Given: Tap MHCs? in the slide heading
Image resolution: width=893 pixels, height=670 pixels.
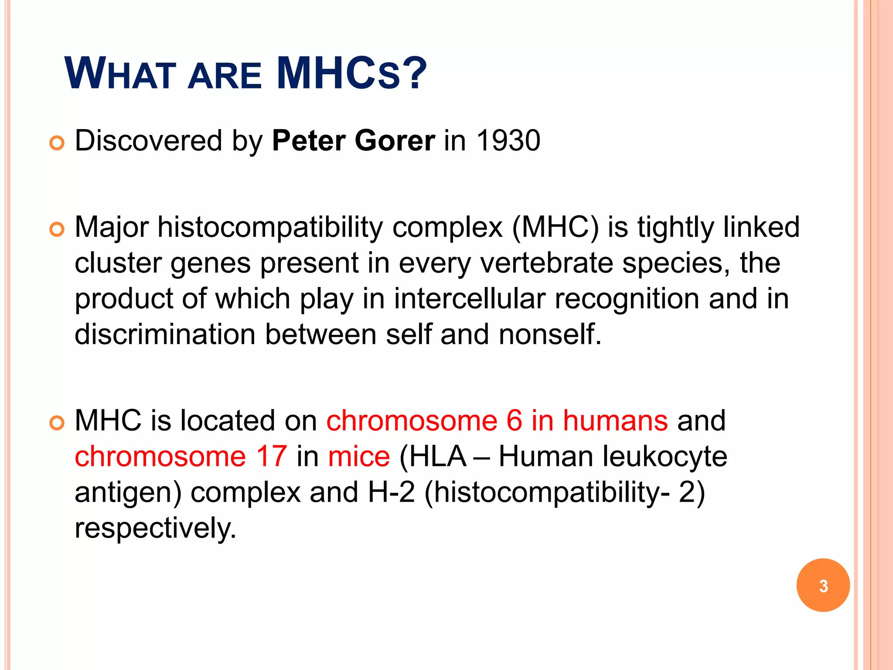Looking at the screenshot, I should click(x=351, y=73).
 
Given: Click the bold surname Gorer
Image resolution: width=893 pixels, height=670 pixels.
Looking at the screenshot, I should click(x=395, y=140).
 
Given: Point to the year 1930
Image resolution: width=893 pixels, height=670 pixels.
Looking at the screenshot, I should click(x=508, y=140).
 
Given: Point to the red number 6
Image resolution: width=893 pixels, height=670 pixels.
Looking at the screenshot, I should click(x=514, y=420).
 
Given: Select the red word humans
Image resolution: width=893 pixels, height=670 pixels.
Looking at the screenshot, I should click(x=615, y=420).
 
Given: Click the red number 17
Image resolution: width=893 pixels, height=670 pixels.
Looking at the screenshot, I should click(x=271, y=456).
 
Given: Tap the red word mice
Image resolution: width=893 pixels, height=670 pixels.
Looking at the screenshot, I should click(x=359, y=456).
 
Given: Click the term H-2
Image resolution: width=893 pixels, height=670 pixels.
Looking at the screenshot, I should click(x=391, y=492).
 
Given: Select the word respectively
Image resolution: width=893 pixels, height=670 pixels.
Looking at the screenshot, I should click(x=155, y=528).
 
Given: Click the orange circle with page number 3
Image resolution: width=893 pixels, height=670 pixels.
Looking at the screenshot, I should click(x=823, y=585).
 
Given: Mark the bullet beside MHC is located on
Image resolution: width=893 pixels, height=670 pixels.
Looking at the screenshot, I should click(x=57, y=423).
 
